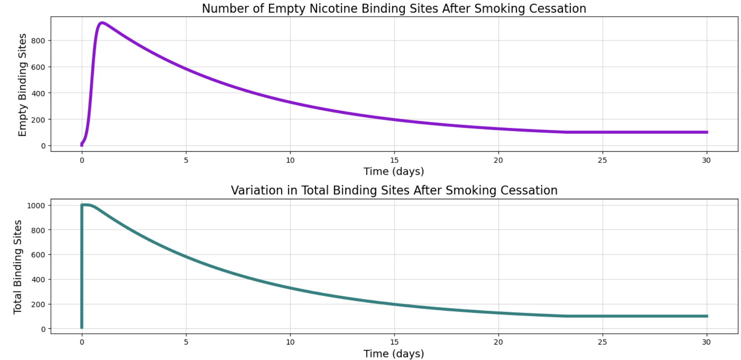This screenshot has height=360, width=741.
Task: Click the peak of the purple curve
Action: coord(101,23)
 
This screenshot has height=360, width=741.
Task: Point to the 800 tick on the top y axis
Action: coord(38,41)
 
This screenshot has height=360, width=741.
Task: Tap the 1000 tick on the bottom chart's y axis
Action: coord(36,205)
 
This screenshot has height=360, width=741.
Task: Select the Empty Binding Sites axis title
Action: coord(23,85)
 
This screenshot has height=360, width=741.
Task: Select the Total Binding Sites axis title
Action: coord(18,267)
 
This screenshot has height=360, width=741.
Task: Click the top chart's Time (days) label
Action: coord(394,172)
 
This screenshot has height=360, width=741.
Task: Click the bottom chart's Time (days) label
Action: coord(394,354)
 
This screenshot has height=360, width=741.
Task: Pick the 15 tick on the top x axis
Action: coord(394,160)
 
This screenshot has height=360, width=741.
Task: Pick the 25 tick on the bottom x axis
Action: coord(602,342)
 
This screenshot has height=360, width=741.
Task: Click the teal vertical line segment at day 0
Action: coord(82,267)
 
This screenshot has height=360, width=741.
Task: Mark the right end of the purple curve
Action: coord(707,132)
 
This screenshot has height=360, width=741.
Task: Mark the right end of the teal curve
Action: coord(707,316)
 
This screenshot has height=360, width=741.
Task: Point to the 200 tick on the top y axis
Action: coord(38,119)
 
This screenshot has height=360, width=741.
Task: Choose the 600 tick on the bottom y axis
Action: coord(38,255)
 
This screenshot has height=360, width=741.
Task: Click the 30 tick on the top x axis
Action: coord(706,160)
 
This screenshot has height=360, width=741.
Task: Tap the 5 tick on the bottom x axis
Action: coord(186,342)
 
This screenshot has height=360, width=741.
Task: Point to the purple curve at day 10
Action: coord(290,102)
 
